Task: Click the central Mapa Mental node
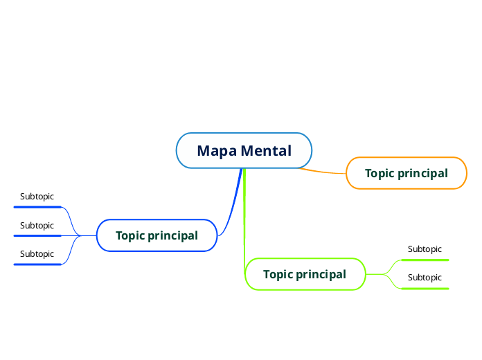click(x=244, y=150)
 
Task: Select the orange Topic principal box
click(x=406, y=173)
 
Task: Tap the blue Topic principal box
click(x=157, y=235)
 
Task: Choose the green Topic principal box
click(x=305, y=274)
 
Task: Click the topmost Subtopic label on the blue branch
click(x=37, y=197)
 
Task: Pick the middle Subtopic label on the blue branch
click(x=37, y=225)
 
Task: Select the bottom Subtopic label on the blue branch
click(x=37, y=253)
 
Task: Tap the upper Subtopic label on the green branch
click(x=425, y=249)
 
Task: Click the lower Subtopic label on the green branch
click(x=425, y=277)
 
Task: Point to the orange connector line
click(x=324, y=171)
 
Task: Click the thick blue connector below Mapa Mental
click(x=235, y=201)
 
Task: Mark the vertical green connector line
click(x=244, y=222)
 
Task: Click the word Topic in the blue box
click(x=130, y=235)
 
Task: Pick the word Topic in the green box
click(x=278, y=274)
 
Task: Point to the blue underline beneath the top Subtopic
click(x=38, y=206)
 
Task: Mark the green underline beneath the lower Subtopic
click(x=425, y=288)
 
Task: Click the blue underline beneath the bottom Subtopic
click(x=38, y=264)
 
